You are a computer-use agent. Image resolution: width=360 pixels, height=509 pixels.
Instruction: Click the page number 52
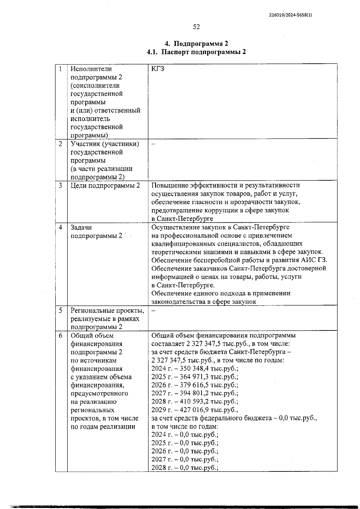tap(196, 27)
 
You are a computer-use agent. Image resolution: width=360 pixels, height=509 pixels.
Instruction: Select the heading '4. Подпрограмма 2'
tap(196, 44)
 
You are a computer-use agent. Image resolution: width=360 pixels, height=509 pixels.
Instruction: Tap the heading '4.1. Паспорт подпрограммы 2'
tap(196, 52)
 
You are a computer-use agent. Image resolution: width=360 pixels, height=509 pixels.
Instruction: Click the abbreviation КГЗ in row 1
tap(158, 69)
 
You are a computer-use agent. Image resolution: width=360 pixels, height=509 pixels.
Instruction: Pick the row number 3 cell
tap(61, 185)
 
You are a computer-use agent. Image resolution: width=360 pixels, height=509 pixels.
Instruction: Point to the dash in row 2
tap(153, 144)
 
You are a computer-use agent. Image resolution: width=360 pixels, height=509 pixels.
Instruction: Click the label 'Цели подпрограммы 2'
tap(105, 185)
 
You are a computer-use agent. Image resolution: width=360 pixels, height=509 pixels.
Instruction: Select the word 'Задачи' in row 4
tap(81, 227)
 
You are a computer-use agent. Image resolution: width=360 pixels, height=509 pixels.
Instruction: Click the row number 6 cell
tap(61, 336)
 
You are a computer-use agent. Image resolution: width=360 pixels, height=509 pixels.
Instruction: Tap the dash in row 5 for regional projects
tap(153, 311)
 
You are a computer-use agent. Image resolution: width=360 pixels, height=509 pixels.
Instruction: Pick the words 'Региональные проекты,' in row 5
tap(107, 311)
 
